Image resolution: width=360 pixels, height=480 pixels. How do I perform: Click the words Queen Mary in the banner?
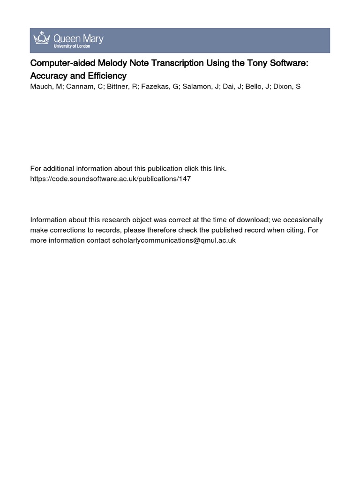[x=77, y=37]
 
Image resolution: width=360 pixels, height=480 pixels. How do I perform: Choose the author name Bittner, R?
[x=118, y=87]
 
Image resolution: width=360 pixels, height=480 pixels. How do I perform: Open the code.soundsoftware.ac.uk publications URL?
[x=111, y=179]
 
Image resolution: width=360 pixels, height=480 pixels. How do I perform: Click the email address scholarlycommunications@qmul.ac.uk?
[x=173, y=240]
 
